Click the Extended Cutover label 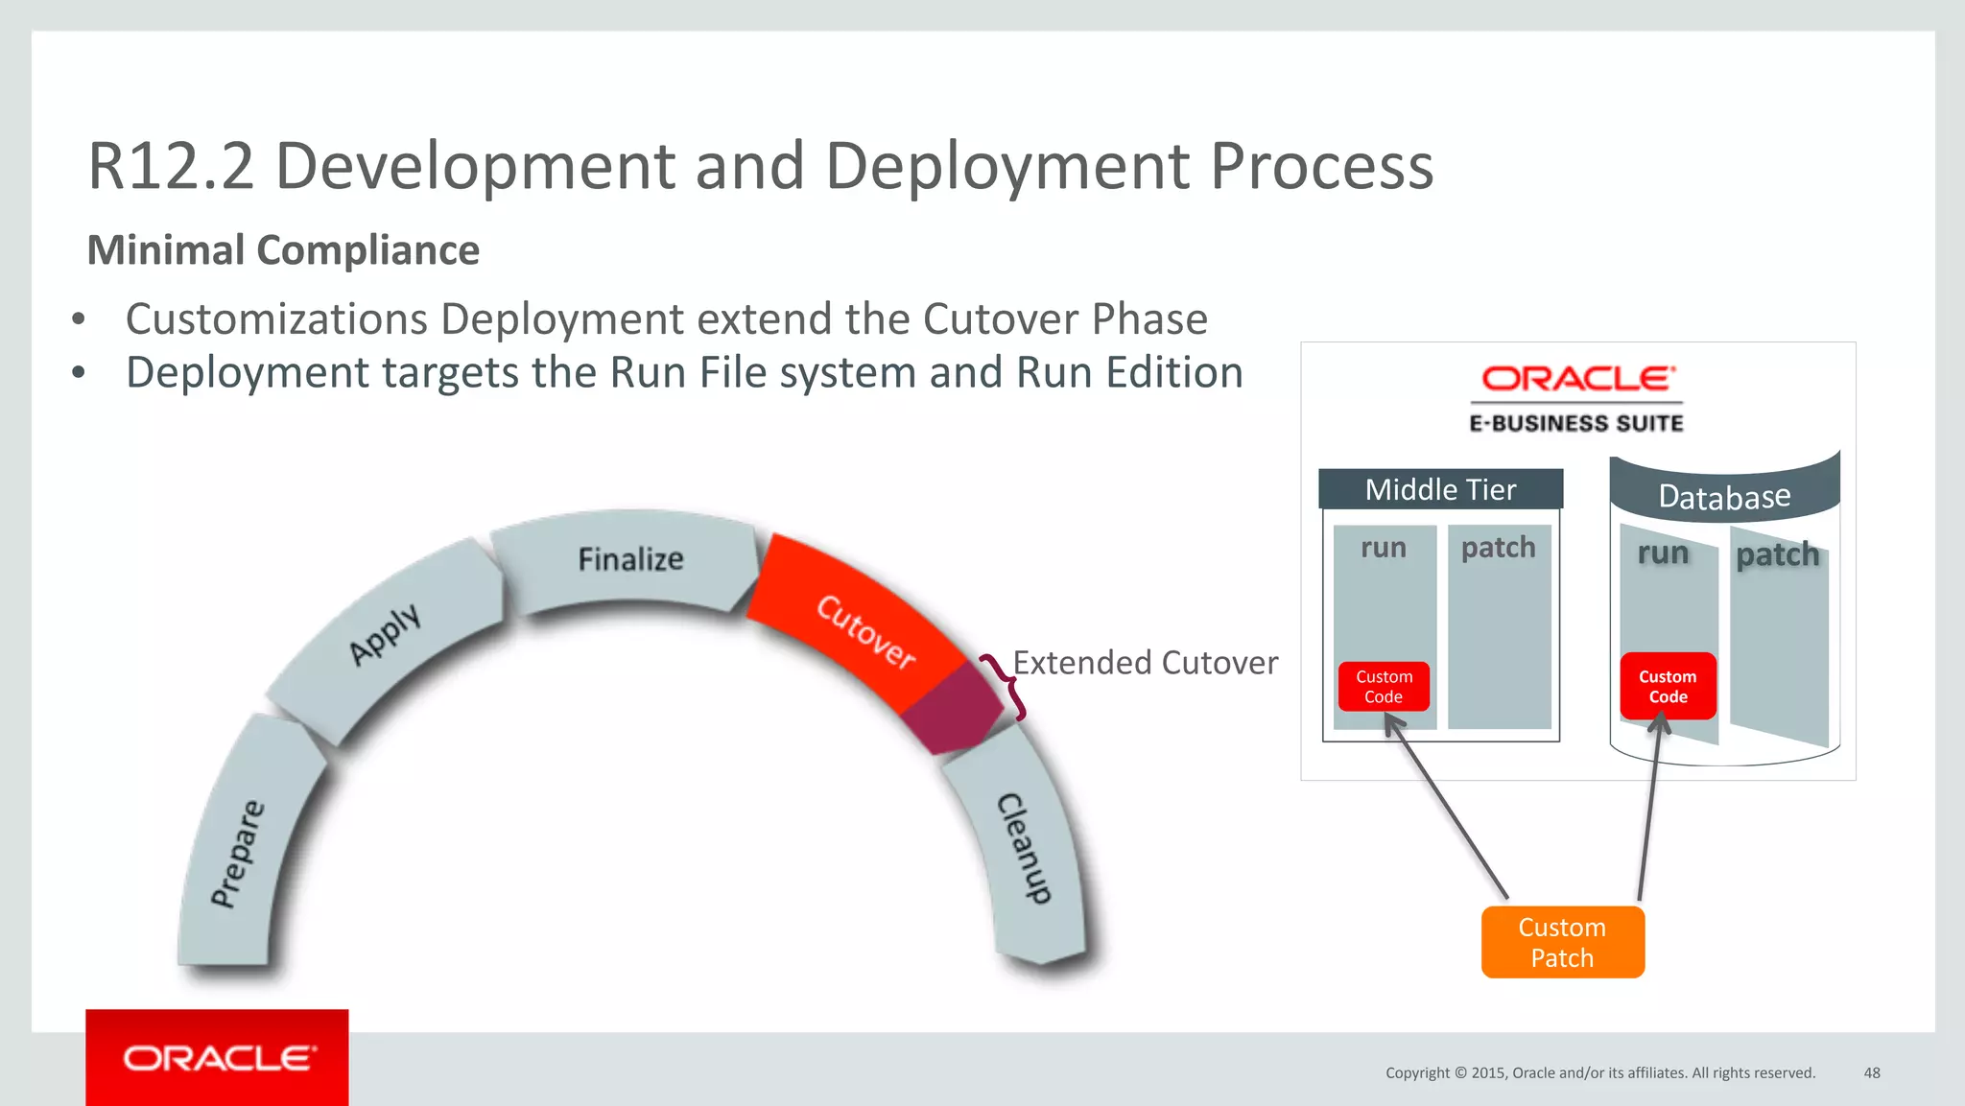click(x=1145, y=663)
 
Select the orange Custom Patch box click(x=1562, y=942)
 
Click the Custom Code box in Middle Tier click(x=1384, y=687)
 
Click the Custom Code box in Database click(x=1668, y=687)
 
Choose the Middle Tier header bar click(x=1440, y=489)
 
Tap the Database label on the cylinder click(x=1724, y=497)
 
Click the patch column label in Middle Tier click(x=1498, y=548)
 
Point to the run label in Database click(x=1663, y=553)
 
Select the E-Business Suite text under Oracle click(x=1576, y=423)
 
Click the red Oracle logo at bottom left click(x=217, y=1057)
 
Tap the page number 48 click(x=1871, y=1072)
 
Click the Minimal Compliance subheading click(x=283, y=250)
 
